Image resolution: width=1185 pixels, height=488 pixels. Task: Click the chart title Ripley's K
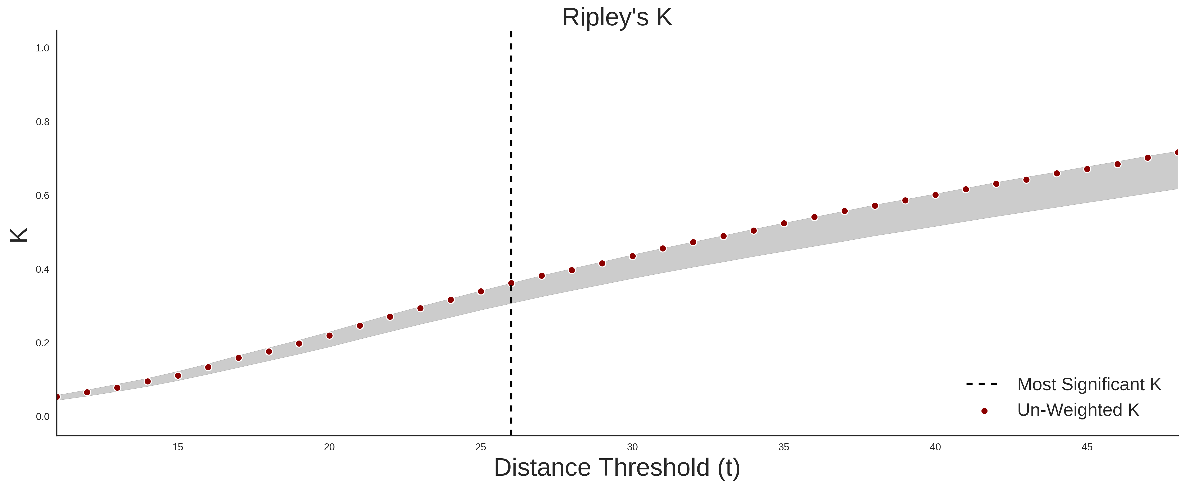point(617,17)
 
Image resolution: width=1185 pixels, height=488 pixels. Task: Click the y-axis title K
point(19,235)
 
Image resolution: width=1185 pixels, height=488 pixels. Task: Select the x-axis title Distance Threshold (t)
point(617,468)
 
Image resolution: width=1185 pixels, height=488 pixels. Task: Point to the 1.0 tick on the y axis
point(42,48)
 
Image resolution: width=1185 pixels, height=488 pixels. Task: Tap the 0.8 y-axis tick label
point(42,122)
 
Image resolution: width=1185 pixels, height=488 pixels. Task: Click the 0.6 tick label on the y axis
point(42,196)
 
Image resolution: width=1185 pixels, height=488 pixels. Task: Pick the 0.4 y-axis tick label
point(42,269)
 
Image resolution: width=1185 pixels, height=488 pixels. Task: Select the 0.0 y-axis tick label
point(42,417)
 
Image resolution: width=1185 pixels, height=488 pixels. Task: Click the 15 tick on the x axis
point(177,447)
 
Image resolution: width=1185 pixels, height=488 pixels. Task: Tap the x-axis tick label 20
point(329,447)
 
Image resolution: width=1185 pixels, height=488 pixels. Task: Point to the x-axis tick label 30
point(633,447)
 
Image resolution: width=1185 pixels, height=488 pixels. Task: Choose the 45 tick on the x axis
point(1087,447)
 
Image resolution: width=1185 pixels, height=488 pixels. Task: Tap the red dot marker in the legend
point(984,411)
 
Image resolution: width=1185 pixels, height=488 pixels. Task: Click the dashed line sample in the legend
point(982,383)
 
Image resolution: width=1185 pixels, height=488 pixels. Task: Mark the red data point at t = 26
point(511,284)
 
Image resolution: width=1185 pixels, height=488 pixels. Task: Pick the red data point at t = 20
point(329,336)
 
